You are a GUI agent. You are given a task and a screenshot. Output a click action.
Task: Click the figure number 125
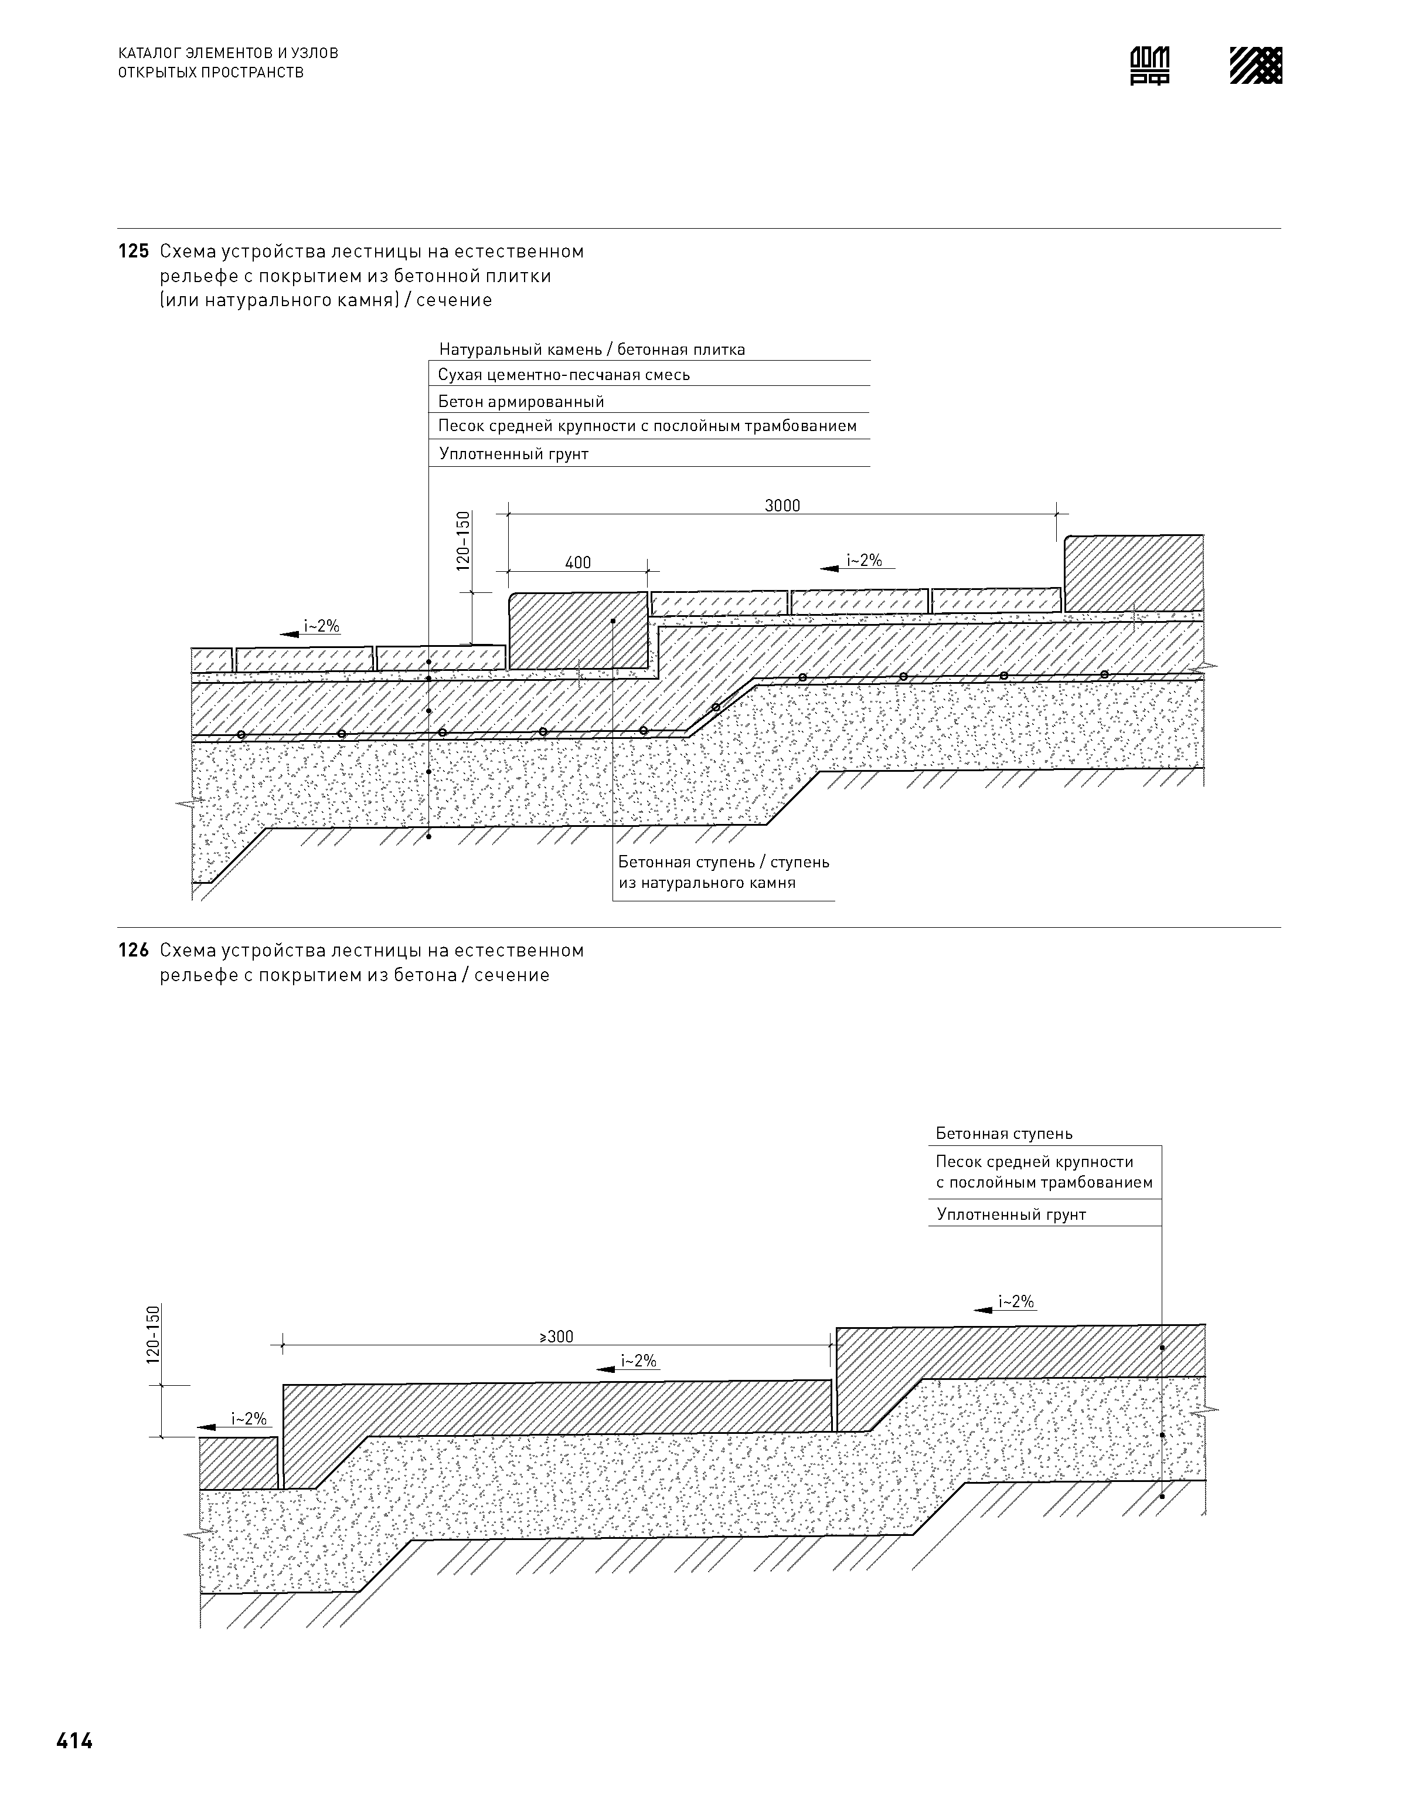click(x=133, y=251)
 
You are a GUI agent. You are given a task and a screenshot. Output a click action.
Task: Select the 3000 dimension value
click(x=782, y=506)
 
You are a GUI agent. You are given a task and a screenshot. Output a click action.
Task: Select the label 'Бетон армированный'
click(x=521, y=402)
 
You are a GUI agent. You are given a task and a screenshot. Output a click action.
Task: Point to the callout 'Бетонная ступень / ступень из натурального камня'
click(x=723, y=872)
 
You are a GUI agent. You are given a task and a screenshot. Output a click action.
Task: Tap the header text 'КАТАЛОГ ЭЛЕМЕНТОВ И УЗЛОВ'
click(x=229, y=53)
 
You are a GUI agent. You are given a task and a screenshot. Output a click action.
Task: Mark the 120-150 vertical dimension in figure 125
click(x=464, y=540)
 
